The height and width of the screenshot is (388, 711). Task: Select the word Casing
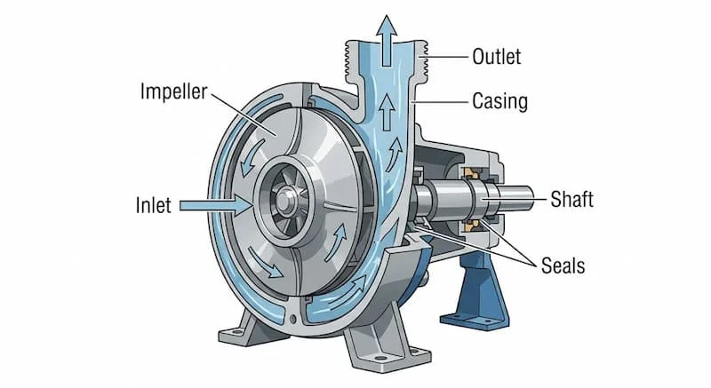pyautogui.click(x=499, y=102)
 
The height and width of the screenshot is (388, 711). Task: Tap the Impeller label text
pyautogui.click(x=174, y=91)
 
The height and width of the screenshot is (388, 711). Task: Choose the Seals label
pyautogui.click(x=563, y=265)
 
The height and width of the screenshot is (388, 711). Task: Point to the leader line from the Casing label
pyautogui.click(x=441, y=102)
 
